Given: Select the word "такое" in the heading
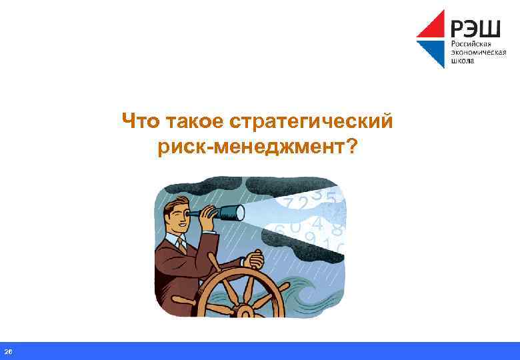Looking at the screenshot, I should [193, 122].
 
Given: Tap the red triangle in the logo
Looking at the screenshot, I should [434, 26].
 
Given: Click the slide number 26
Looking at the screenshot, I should [8, 351].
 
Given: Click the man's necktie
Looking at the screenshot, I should [182, 245].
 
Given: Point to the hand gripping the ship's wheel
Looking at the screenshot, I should [253, 261].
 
